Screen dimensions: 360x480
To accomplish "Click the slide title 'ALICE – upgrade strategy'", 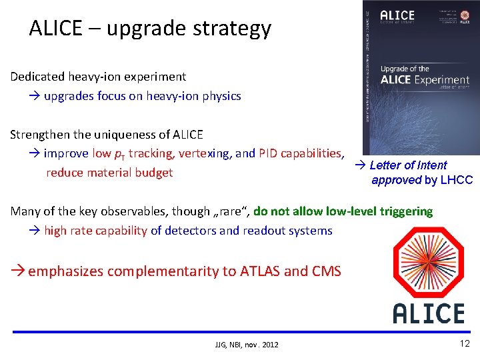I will (x=150, y=28).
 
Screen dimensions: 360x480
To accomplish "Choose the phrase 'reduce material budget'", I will (x=109, y=173).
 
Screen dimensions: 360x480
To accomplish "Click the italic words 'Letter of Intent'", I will (x=408, y=165).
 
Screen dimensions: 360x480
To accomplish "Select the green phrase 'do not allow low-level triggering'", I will (x=343, y=211).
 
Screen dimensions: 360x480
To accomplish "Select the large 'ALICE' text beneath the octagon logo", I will (x=428, y=313).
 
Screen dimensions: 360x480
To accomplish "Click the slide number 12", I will (x=465, y=343).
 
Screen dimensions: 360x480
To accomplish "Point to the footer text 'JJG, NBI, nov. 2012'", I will (x=247, y=345).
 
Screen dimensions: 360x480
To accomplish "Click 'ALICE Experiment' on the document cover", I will (x=425, y=80).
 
